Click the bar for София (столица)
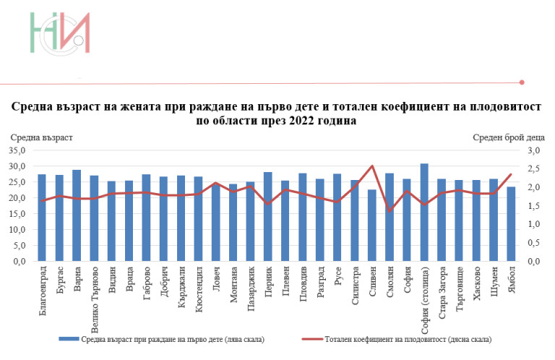click(x=424, y=213)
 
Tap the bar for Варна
click(x=77, y=215)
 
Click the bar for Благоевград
click(x=42, y=218)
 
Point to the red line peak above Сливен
click(x=372, y=166)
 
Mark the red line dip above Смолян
click(x=390, y=211)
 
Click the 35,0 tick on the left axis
click(x=17, y=150)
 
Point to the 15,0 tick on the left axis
click(x=17, y=214)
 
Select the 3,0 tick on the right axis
click(x=533, y=150)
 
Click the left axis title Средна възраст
click(x=40, y=137)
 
